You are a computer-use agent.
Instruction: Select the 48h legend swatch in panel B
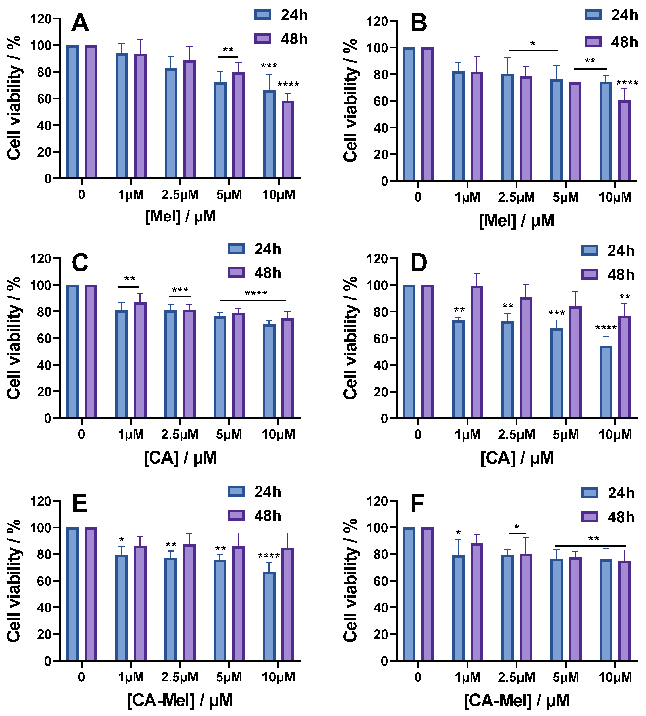[x=593, y=42]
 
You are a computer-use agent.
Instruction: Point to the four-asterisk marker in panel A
[x=288, y=85]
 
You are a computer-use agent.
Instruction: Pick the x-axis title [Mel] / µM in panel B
[x=517, y=221]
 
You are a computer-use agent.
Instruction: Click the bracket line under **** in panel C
[x=253, y=300]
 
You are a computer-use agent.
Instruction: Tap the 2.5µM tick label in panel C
[x=180, y=435]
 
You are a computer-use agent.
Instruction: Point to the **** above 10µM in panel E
[x=269, y=556]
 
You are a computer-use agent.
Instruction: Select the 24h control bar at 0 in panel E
[x=72, y=594]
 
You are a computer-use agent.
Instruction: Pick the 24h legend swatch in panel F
[x=589, y=493]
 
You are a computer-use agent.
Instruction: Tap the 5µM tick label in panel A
[x=229, y=195]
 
